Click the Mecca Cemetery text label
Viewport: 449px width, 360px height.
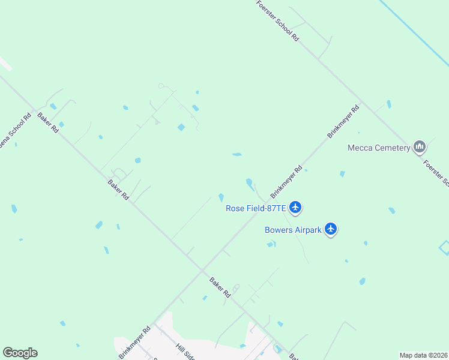coord(379,148)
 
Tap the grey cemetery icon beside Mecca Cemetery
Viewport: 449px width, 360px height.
coord(420,147)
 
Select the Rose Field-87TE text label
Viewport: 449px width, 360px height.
coord(255,209)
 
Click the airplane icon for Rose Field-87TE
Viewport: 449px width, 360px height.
coord(295,208)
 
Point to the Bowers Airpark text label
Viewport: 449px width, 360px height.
coord(294,229)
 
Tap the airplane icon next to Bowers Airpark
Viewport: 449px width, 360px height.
coord(331,229)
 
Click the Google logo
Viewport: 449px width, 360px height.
coord(20,353)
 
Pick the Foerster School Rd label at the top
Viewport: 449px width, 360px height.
coord(278,20)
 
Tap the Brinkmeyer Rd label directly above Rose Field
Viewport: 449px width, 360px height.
coord(285,182)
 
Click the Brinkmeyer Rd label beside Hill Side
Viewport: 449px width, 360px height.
coord(135,342)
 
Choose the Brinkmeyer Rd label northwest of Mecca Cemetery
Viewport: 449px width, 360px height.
coord(343,122)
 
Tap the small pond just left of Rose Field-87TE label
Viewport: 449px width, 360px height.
coord(221,197)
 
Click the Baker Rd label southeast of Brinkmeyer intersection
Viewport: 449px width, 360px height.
coord(220,287)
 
